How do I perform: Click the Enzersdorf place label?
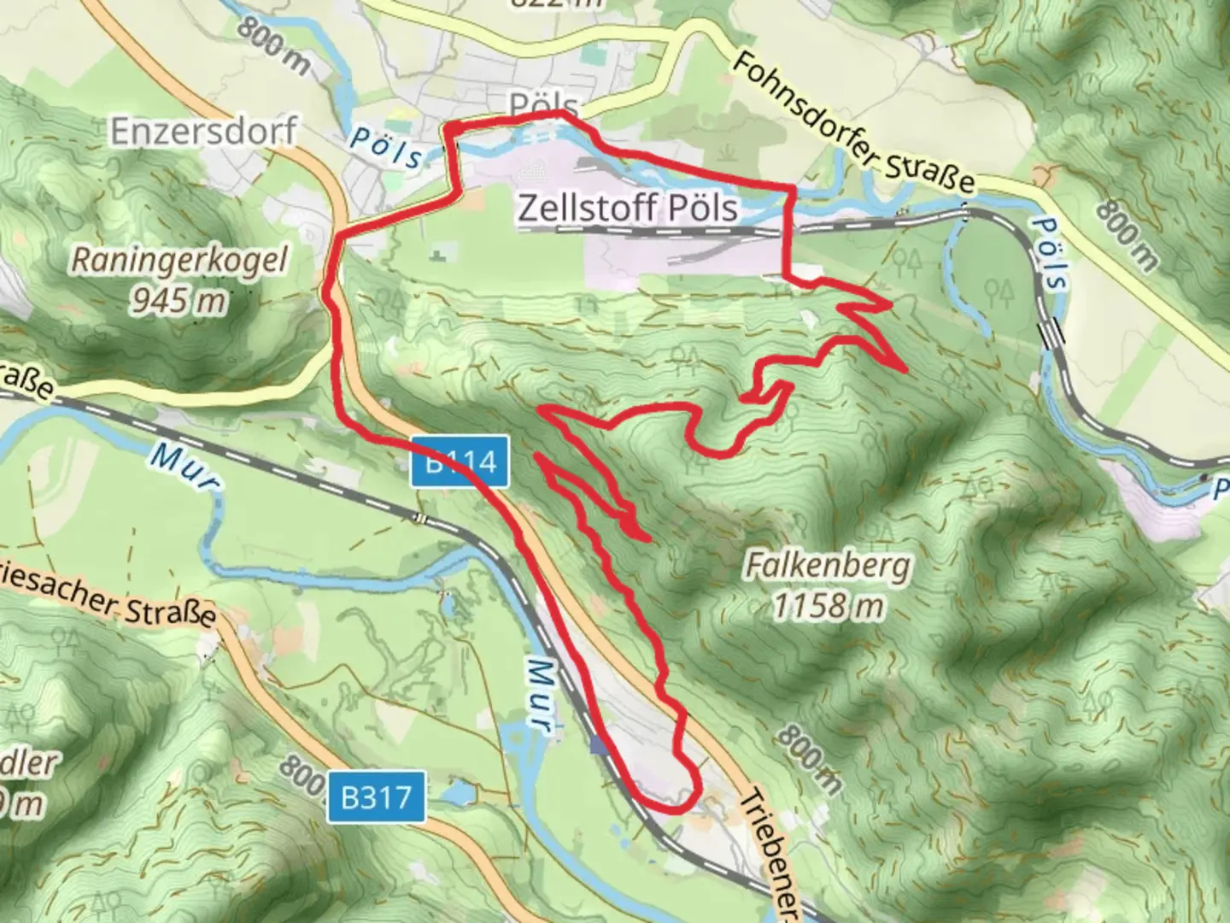(x=203, y=131)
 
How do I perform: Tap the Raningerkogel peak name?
(x=179, y=261)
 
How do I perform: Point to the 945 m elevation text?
(x=179, y=299)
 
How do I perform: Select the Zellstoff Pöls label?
(x=628, y=208)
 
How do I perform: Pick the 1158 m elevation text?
(x=828, y=605)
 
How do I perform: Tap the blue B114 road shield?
(x=461, y=462)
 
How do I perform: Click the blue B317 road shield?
(x=376, y=797)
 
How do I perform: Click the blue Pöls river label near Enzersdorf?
(x=386, y=148)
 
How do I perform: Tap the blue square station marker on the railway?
(x=599, y=747)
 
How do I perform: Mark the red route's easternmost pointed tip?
(x=905, y=370)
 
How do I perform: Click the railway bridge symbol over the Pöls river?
(x=1049, y=331)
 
